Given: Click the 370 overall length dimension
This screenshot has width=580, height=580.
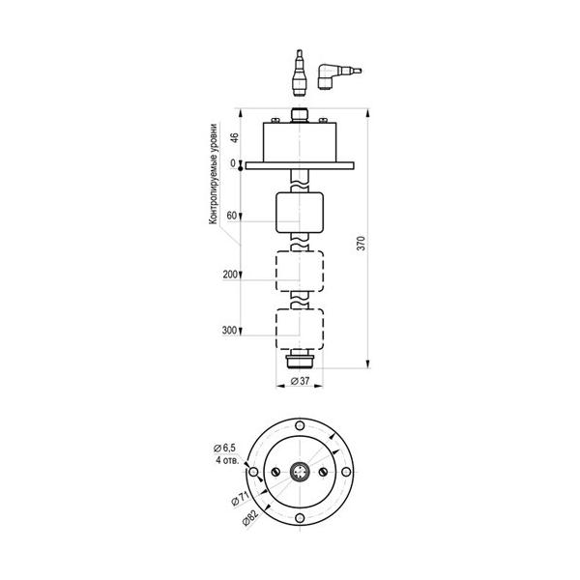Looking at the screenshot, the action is (361, 243).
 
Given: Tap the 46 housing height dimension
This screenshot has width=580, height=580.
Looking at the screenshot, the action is (235, 137).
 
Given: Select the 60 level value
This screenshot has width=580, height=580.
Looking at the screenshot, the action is (232, 216).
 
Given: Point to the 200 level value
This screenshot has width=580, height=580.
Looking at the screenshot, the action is (230, 275).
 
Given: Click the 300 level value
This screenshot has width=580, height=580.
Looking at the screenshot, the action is (229, 331).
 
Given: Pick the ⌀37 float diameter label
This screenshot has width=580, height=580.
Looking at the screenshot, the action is (300, 381).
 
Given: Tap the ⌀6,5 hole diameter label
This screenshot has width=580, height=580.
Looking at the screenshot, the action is (224, 448).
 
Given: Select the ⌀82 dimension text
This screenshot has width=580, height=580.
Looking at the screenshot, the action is (250, 517).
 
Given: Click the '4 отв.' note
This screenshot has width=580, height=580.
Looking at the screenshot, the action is (227, 460).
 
